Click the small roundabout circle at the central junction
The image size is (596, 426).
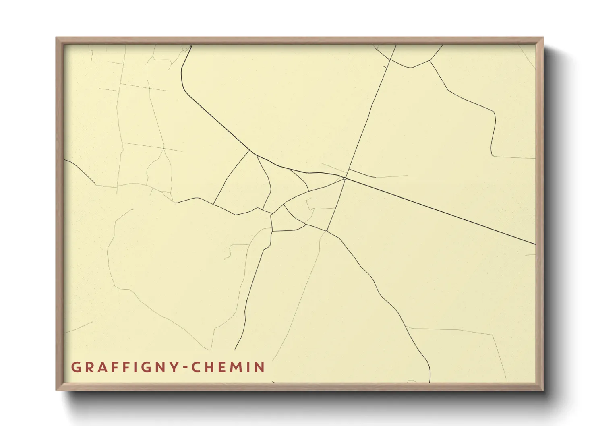(345, 178)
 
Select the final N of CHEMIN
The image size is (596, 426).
(260, 367)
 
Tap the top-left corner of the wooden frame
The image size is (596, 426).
(56, 38)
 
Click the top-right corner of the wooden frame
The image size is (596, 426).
(543, 38)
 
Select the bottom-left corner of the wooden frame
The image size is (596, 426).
(56, 389)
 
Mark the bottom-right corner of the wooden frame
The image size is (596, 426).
(543, 389)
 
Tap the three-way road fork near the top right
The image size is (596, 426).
(430, 60)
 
